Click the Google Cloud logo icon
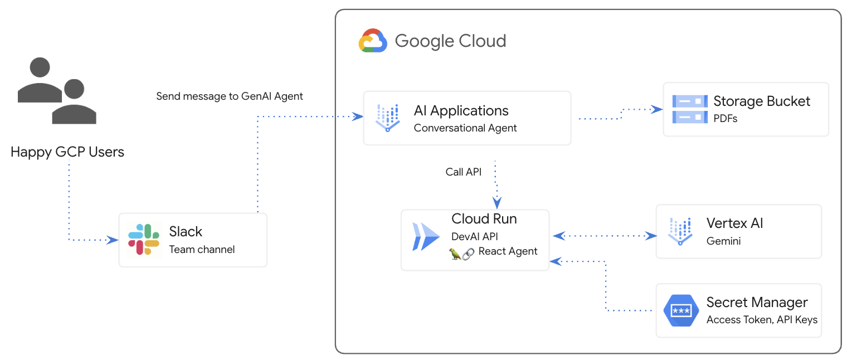click(x=373, y=41)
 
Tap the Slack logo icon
click(x=144, y=240)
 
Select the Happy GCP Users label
click(x=67, y=152)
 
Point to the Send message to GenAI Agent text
click(x=230, y=96)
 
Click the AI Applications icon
click(x=388, y=118)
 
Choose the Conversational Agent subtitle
click(x=465, y=128)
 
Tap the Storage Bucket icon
click(x=689, y=109)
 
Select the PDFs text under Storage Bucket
click(x=726, y=118)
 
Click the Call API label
click(x=463, y=172)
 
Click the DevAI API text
click(x=475, y=236)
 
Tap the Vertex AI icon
click(x=680, y=231)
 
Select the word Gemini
click(x=723, y=241)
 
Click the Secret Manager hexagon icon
click(x=681, y=310)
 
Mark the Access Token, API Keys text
click(x=762, y=320)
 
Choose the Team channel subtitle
click(x=202, y=250)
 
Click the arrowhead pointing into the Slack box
click(x=113, y=240)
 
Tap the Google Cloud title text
click(x=450, y=41)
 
